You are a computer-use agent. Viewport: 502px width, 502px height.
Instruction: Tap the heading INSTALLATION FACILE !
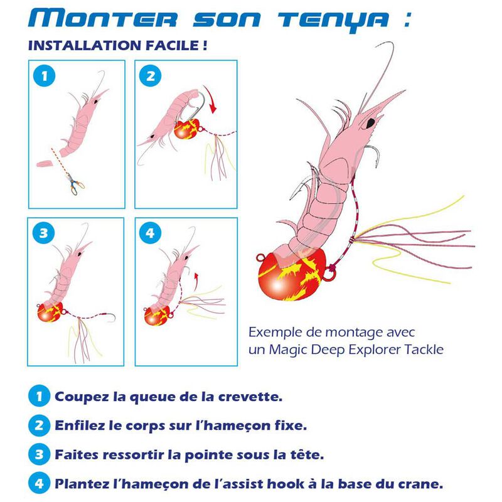pos(118,46)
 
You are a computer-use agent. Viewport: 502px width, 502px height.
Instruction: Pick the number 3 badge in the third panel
pos(43,233)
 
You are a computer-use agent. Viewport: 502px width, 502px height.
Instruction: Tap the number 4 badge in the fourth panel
pos(149,233)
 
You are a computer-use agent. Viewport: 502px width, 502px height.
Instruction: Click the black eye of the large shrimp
pos(371,120)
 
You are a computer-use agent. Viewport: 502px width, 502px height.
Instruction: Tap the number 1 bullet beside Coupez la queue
pos(39,397)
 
